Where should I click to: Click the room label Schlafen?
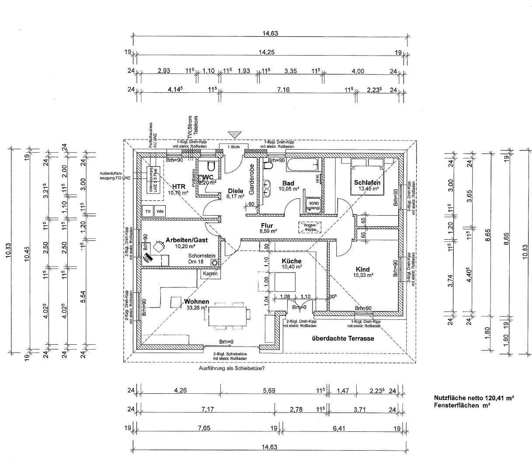[x=367, y=182]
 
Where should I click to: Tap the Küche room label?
[x=292, y=261]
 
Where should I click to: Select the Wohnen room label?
[x=196, y=301]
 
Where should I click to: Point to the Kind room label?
[x=363, y=269]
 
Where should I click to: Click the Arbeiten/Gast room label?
[x=186, y=240]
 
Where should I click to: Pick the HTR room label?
[x=178, y=186]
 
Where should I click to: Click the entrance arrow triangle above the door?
[x=235, y=134]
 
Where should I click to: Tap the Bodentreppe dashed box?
[x=310, y=227]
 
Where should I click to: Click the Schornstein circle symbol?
[x=215, y=262]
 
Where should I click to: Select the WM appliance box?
[x=160, y=211]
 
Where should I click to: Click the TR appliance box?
[x=148, y=211]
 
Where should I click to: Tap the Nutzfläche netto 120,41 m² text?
[x=473, y=398]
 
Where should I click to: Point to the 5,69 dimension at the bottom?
[x=269, y=391]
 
